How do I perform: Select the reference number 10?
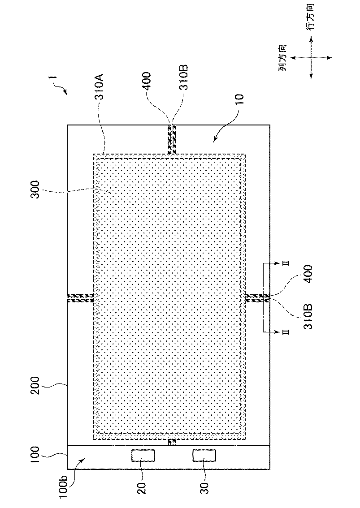(239, 100)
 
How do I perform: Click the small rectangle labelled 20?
(143, 456)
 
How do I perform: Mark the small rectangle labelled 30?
(204, 456)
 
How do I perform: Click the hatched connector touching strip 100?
(172, 442)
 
